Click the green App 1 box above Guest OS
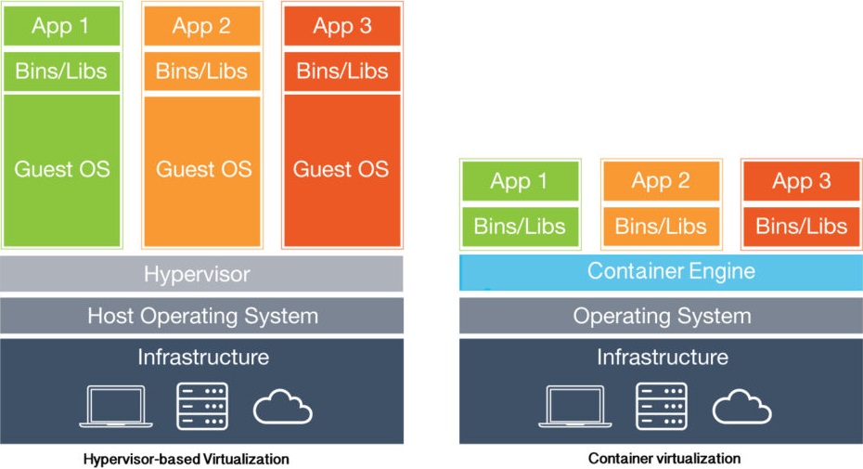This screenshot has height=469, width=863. click(x=61, y=26)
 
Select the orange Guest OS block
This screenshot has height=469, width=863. click(x=202, y=171)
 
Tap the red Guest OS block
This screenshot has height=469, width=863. click(x=341, y=171)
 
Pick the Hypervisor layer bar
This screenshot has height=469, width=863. click(x=201, y=273)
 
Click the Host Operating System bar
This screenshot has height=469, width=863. click(x=201, y=316)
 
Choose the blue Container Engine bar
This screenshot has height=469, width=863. click(x=661, y=272)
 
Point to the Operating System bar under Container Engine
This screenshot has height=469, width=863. click(x=661, y=316)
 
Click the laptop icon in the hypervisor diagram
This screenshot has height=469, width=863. click(x=116, y=406)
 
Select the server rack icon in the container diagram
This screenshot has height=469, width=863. click(x=662, y=406)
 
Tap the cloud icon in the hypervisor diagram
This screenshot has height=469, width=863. click(x=282, y=407)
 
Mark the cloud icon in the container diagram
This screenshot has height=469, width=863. click(x=742, y=407)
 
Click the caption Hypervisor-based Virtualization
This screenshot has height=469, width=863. click(x=186, y=459)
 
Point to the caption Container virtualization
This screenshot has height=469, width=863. click(x=664, y=458)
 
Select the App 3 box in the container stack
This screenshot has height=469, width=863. click(x=802, y=181)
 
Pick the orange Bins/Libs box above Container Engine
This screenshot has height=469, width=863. click(x=661, y=226)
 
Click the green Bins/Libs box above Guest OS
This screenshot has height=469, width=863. click(x=61, y=72)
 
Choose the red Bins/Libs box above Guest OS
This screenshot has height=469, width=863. click(x=341, y=72)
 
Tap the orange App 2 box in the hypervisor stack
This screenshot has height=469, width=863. click(x=202, y=26)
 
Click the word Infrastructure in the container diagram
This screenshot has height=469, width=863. click(x=663, y=358)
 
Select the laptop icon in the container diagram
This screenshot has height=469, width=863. click(x=575, y=406)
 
